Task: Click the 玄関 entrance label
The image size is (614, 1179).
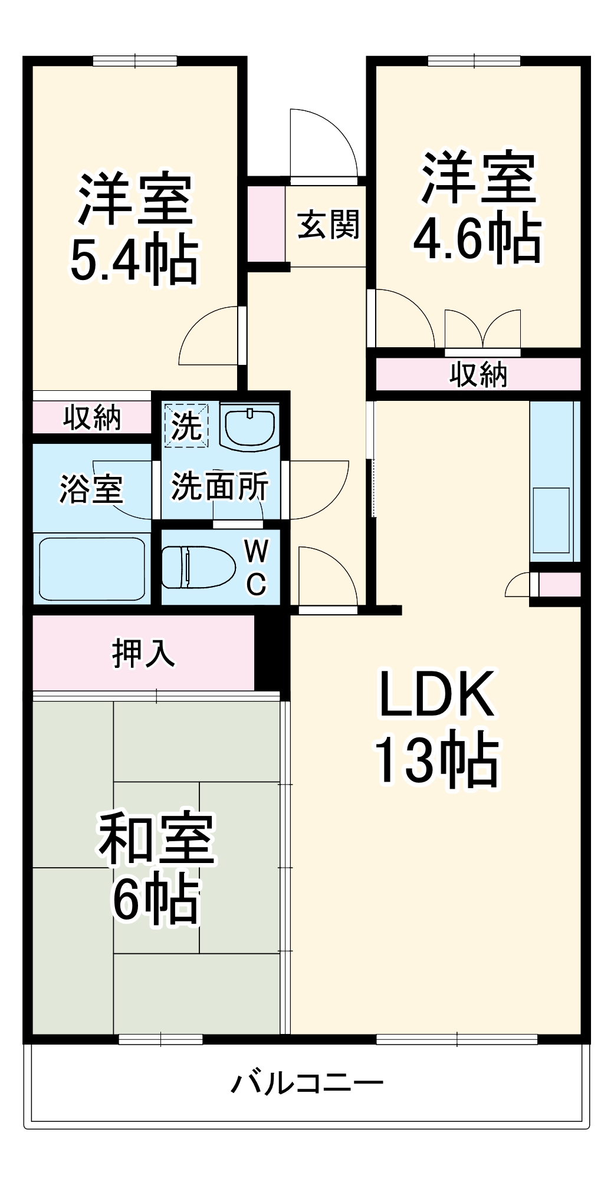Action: click(328, 225)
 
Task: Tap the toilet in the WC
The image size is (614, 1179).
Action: click(197, 567)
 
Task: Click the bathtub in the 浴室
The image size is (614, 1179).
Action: click(92, 568)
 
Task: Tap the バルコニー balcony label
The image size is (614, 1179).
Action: click(307, 1082)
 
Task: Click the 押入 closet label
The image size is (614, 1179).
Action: click(143, 653)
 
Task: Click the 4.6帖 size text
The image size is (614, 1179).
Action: click(477, 237)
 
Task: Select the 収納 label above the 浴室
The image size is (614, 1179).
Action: click(92, 417)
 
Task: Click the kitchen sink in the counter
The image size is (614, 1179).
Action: click(551, 519)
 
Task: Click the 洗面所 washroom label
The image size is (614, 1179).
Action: click(219, 486)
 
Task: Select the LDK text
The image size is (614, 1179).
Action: click(436, 694)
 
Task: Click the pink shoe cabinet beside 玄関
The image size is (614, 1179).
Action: click(265, 223)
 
